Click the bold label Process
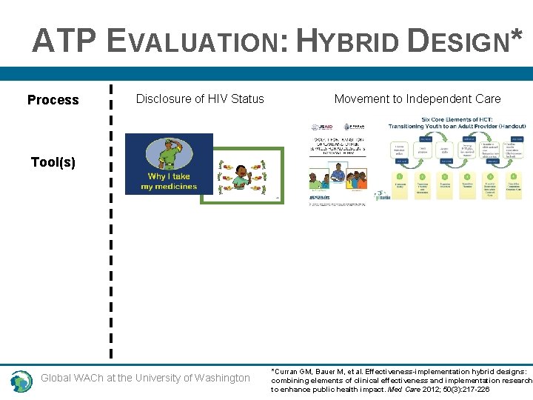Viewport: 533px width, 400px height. click(x=53, y=100)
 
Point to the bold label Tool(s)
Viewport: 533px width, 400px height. click(x=53, y=161)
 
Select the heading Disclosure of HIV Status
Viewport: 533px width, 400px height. click(x=200, y=99)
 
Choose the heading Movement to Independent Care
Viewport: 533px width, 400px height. click(x=417, y=99)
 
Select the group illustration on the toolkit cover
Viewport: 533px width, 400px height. click(x=337, y=175)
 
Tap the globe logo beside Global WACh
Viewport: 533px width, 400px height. click(x=21, y=381)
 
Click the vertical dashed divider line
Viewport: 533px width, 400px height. click(x=111, y=222)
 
